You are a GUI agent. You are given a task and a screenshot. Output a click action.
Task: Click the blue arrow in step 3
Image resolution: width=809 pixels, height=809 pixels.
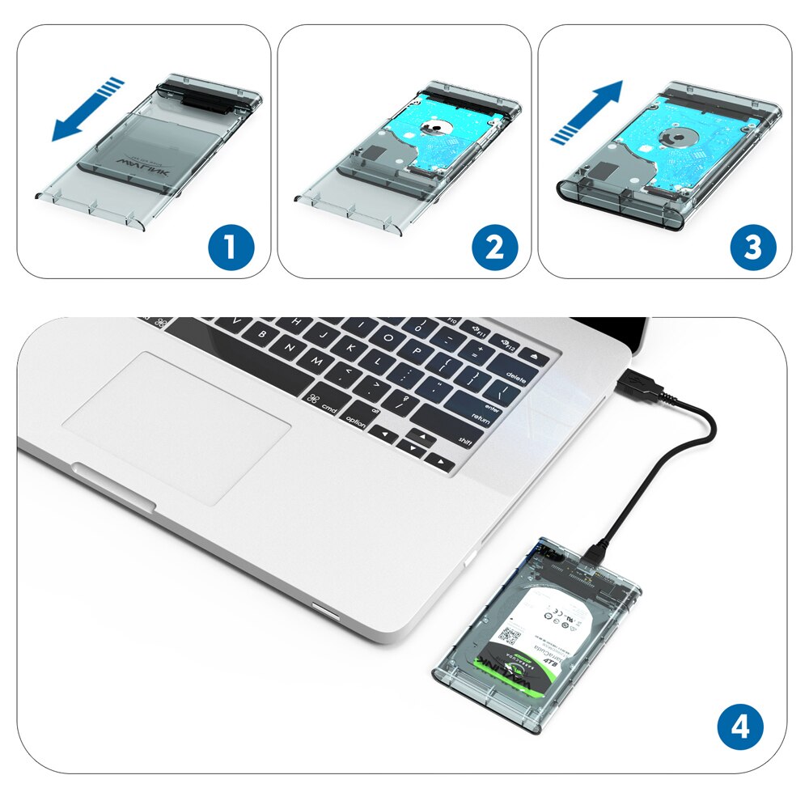pos(588,111)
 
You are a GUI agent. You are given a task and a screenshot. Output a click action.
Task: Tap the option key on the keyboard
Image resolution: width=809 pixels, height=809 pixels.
pos(356,419)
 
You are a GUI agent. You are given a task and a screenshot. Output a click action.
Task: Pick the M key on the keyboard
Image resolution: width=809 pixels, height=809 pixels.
pos(316,359)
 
